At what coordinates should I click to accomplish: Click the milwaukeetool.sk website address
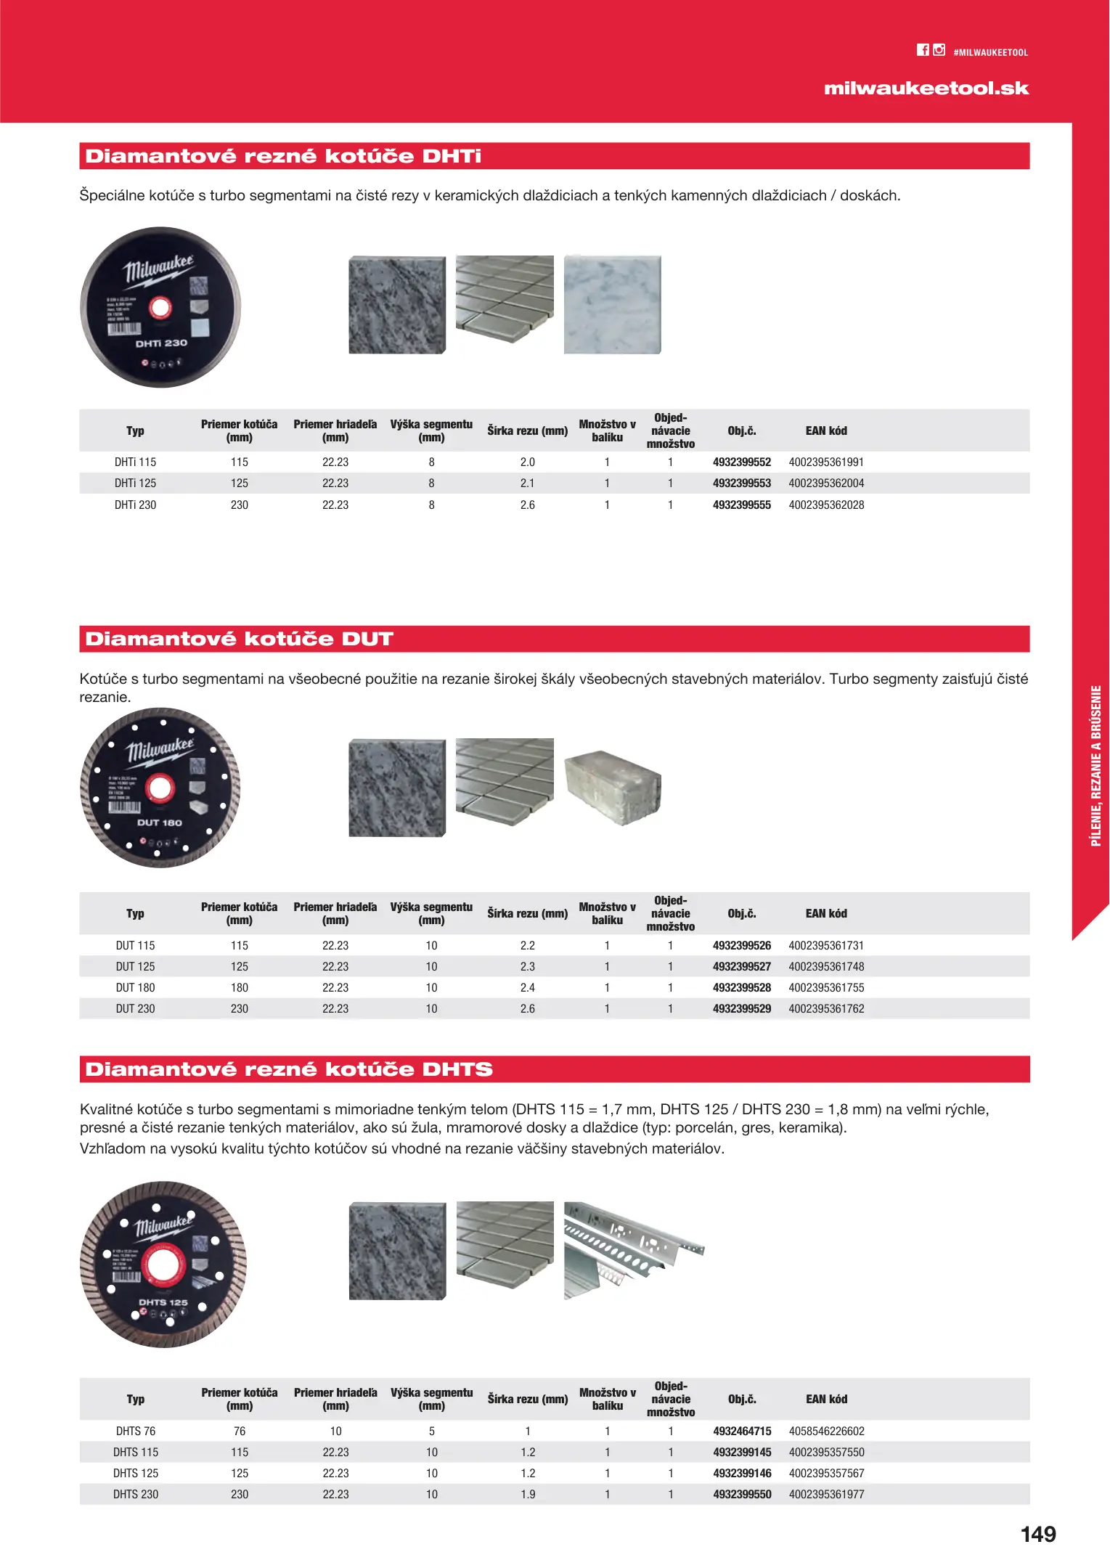[x=926, y=89]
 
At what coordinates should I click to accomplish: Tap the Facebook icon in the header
[x=923, y=50]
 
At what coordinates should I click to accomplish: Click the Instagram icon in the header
[x=939, y=50]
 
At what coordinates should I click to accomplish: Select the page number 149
[x=1038, y=1534]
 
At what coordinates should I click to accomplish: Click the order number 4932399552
[x=741, y=462]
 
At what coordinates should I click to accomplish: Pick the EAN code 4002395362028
[x=826, y=505]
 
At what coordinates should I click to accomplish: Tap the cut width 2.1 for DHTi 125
[x=527, y=483]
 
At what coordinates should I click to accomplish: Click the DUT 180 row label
[x=135, y=988]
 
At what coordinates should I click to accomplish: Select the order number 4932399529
[x=741, y=1009]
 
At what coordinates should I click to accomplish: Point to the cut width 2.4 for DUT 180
[x=527, y=988]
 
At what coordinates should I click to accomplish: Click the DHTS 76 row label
[x=135, y=1432]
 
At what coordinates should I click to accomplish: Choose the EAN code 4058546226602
[x=826, y=1432]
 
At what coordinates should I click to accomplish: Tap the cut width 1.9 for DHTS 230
[x=528, y=1495]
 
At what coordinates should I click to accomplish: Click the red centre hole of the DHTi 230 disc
[x=160, y=308]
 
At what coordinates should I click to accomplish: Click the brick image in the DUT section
[x=613, y=788]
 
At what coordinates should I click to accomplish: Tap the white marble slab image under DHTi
[x=613, y=305]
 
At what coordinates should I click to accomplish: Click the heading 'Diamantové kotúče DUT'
[x=239, y=640]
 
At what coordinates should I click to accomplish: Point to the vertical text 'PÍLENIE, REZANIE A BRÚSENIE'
[x=1096, y=766]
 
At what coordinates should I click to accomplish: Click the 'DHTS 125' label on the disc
[x=163, y=1302]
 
